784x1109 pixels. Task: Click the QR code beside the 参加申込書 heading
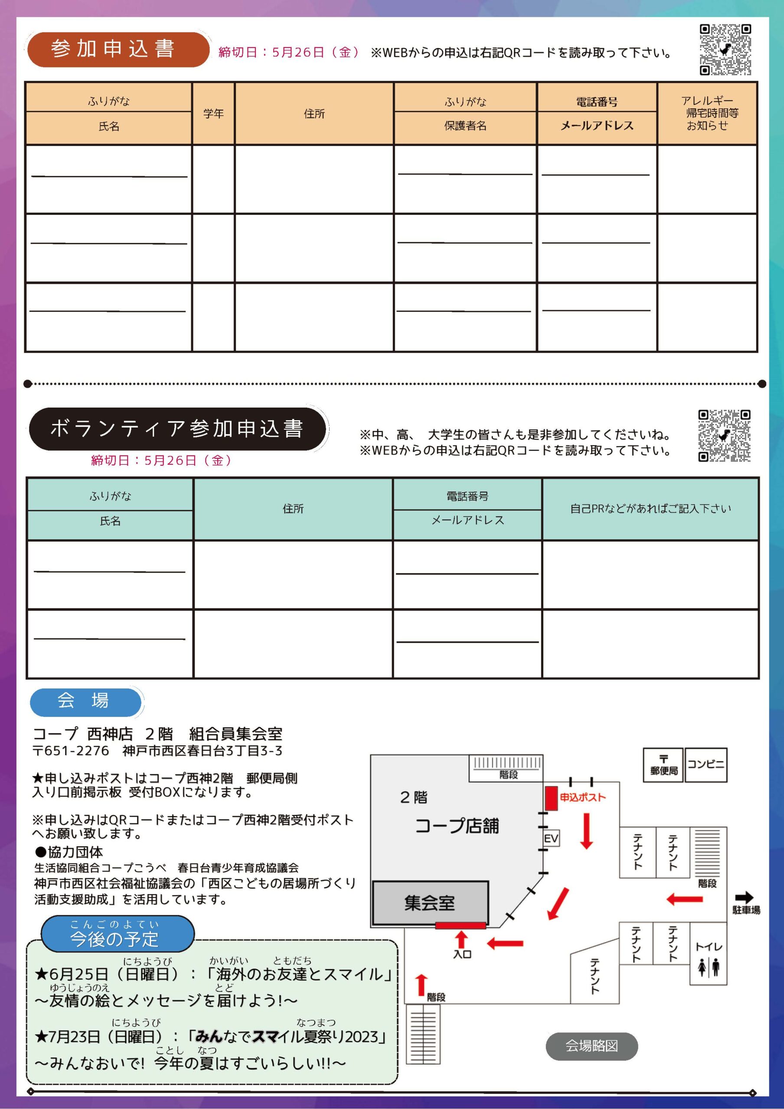click(725, 50)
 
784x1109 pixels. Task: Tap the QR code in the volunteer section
click(724, 436)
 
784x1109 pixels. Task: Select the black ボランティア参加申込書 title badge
click(177, 429)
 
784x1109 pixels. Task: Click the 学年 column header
click(213, 113)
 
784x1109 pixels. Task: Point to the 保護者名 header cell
click(465, 126)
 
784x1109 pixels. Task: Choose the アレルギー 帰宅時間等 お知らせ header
click(707, 113)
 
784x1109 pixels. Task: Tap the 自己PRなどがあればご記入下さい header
click(650, 509)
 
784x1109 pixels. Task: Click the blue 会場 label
click(85, 701)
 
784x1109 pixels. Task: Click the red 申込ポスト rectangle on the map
click(551, 798)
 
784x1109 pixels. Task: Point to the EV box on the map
click(551, 839)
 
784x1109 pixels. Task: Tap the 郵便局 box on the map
click(663, 765)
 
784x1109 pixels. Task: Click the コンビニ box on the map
click(706, 764)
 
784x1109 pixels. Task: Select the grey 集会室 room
click(430, 903)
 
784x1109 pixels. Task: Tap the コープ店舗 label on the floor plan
click(457, 826)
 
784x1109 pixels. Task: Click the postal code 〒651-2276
click(71, 751)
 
